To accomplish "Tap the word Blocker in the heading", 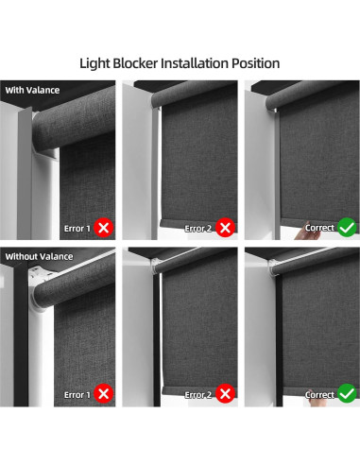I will click(145, 63).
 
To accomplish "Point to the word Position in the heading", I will click(257, 63).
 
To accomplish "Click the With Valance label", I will click(32, 90).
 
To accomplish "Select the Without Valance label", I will click(39, 255).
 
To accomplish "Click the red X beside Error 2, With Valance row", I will click(225, 228).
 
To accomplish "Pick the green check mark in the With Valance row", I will click(347, 228).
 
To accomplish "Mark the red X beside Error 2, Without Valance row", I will click(225, 393).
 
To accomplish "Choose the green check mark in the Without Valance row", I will click(347, 393).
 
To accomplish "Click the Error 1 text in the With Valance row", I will click(77, 229).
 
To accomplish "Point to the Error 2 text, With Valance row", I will click(198, 229).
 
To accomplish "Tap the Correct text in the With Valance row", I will click(319, 229).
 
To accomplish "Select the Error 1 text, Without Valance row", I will click(77, 394).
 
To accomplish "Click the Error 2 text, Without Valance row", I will click(198, 394).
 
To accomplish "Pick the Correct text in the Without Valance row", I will click(319, 394).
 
